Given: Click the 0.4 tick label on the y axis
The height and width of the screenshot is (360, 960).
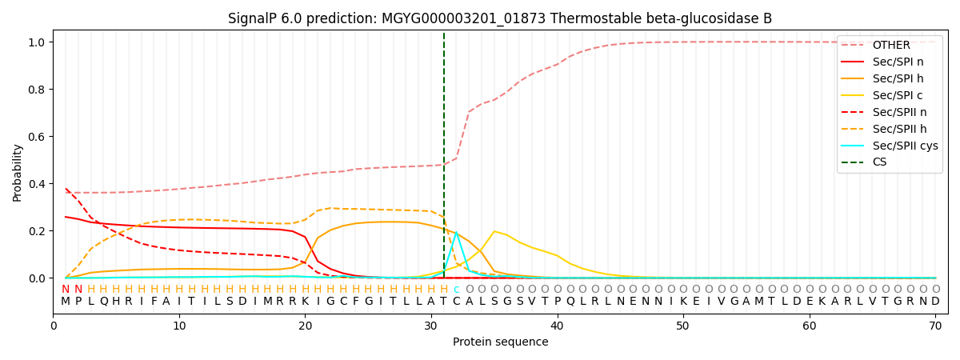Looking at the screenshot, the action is [37, 184].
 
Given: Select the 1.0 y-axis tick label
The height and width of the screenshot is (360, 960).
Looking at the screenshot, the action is [37, 42].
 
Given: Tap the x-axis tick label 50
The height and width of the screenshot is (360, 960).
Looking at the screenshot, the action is [683, 326].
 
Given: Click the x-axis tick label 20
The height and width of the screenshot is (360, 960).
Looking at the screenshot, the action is [305, 326].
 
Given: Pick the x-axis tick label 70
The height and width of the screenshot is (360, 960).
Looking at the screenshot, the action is [935, 326].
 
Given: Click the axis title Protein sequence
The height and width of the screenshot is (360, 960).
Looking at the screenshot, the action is [501, 342].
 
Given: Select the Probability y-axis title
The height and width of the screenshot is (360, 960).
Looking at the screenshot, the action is [17, 173].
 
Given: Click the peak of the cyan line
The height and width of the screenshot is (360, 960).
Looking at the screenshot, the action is [457, 232].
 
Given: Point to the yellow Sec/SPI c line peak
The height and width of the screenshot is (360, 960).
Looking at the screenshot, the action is [494, 231].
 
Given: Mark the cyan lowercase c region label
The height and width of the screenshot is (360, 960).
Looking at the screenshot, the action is [457, 290].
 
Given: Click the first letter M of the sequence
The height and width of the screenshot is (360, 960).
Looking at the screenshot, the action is [66, 301].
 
